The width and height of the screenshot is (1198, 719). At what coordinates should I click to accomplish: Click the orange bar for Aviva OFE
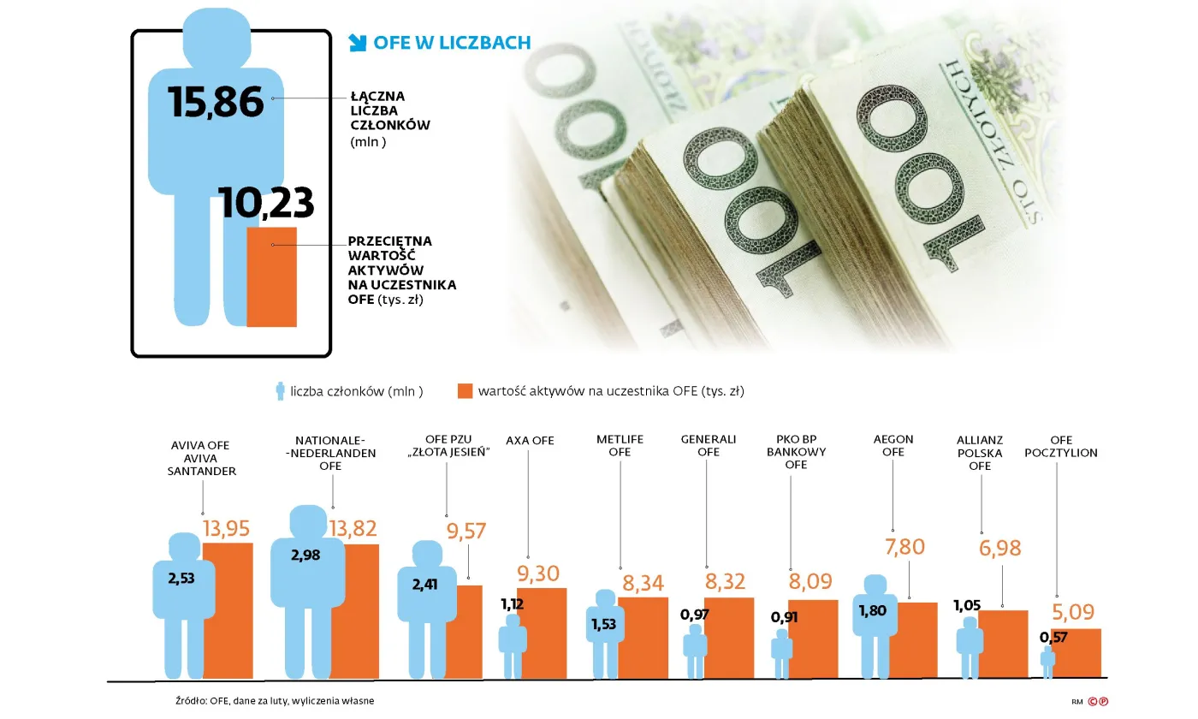[228, 610]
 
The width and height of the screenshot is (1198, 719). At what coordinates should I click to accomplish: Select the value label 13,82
[352, 529]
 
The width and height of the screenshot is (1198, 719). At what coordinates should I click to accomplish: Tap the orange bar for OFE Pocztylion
[1076, 653]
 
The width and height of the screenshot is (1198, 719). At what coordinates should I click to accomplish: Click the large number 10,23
[266, 204]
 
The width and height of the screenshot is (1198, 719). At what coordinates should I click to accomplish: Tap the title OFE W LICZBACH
[452, 43]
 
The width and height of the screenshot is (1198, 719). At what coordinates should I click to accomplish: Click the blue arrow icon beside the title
[358, 42]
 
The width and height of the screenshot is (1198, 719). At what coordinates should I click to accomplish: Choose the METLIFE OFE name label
[620, 445]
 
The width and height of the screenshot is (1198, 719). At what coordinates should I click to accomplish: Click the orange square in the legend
[465, 391]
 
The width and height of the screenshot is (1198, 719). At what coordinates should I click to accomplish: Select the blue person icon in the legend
[279, 391]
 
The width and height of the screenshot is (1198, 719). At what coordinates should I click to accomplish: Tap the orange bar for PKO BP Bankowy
[812, 639]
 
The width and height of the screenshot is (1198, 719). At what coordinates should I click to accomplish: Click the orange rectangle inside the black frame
[271, 276]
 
